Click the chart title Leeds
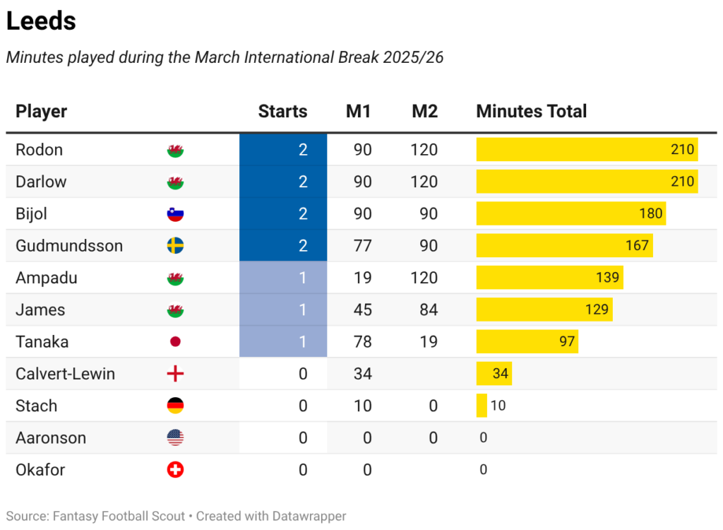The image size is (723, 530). (x=41, y=21)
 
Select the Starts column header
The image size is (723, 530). (x=282, y=112)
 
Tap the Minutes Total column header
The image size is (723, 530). (x=531, y=112)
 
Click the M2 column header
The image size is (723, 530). (x=424, y=112)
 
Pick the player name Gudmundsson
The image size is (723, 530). (x=69, y=246)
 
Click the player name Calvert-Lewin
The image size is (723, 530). (x=65, y=374)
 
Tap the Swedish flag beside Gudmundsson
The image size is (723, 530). (x=175, y=246)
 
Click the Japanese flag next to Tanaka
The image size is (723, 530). (x=175, y=342)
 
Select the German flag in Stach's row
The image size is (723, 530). (x=175, y=406)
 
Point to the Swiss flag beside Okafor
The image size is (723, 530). (x=175, y=470)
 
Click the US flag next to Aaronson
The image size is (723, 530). (x=175, y=438)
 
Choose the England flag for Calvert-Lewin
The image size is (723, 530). (x=175, y=374)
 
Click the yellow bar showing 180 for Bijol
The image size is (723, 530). (x=570, y=213)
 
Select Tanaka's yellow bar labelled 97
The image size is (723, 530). (x=527, y=342)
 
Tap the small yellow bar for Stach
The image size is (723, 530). (x=482, y=406)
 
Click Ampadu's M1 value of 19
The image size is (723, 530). (x=363, y=278)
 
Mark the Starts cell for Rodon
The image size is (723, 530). (x=283, y=150)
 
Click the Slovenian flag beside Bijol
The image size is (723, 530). (x=175, y=213)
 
